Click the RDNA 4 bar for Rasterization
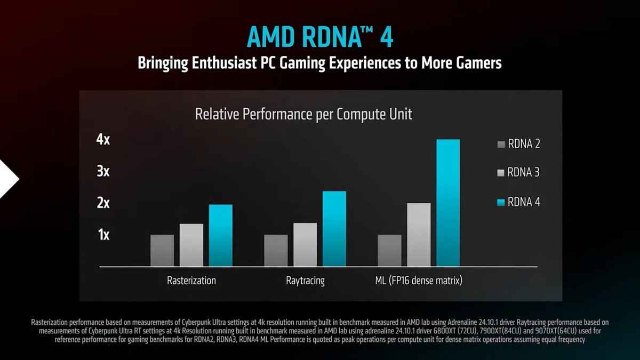coord(220,235)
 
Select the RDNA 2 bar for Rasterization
coord(162,250)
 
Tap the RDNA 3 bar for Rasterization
coord(191,245)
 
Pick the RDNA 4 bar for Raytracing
coord(334,229)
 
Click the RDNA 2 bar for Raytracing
coord(276,250)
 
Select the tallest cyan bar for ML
coord(448,203)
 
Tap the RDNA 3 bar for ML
coord(419,235)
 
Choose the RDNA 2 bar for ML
coord(389,250)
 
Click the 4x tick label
coord(103,140)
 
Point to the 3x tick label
coord(103,172)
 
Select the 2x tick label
coord(103,203)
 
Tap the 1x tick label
coord(103,235)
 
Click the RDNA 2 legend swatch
coord(501,144)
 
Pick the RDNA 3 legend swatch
coord(501,173)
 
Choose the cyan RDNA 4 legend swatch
coord(501,202)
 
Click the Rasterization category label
coord(191,280)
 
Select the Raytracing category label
coord(305,280)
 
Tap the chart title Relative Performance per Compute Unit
coord(303,114)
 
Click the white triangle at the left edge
coord(7,179)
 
